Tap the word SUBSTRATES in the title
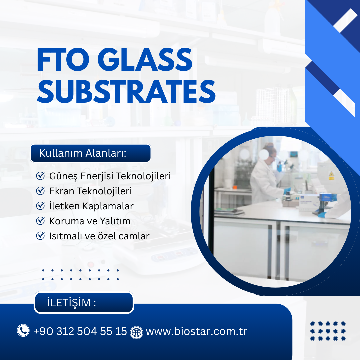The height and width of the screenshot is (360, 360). click(126, 91)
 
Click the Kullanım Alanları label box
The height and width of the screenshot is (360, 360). click(90, 153)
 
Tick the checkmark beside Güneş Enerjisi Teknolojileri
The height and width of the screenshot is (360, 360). click(40, 176)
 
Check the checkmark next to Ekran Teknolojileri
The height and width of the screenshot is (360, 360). click(40, 191)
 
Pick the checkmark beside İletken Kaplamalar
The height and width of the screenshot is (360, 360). click(40, 206)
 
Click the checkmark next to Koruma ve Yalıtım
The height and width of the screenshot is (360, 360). click(40, 221)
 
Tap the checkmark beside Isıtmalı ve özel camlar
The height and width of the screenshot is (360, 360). click(40, 236)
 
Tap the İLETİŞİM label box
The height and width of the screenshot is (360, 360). click(84, 303)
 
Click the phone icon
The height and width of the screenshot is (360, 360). click(23, 331)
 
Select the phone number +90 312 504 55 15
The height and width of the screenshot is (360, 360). click(80, 331)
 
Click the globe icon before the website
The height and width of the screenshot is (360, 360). click(136, 332)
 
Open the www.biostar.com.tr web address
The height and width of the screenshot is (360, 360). click(196, 332)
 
